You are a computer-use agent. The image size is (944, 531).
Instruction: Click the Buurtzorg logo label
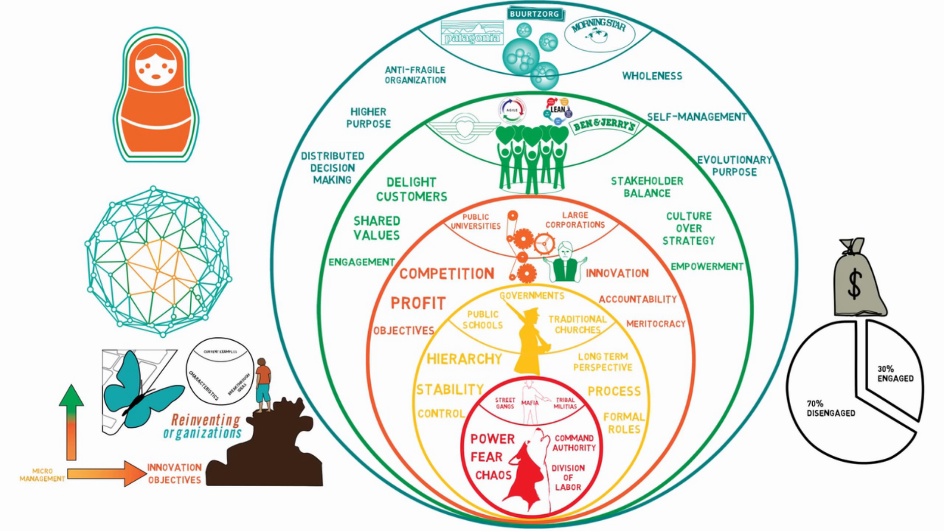click(x=534, y=14)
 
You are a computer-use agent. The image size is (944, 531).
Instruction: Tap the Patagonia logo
click(x=472, y=33)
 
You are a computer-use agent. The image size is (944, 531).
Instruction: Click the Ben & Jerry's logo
click(x=604, y=125)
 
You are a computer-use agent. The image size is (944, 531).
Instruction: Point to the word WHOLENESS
click(x=652, y=76)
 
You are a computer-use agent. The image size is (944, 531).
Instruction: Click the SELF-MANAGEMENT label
click(x=696, y=117)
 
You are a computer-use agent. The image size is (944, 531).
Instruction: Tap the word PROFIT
click(x=418, y=303)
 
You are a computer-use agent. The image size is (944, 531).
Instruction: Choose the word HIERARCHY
click(x=464, y=359)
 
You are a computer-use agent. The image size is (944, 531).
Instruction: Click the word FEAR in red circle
click(x=486, y=457)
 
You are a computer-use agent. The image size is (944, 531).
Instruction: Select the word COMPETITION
click(x=446, y=274)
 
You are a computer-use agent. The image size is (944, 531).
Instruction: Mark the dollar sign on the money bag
click(x=855, y=284)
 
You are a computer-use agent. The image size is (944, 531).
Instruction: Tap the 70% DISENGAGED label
click(x=830, y=408)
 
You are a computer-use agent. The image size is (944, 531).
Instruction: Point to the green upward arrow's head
click(x=71, y=396)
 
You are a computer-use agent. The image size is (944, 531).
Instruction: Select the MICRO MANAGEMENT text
click(x=42, y=475)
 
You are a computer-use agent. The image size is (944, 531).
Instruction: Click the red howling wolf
click(x=529, y=470)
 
